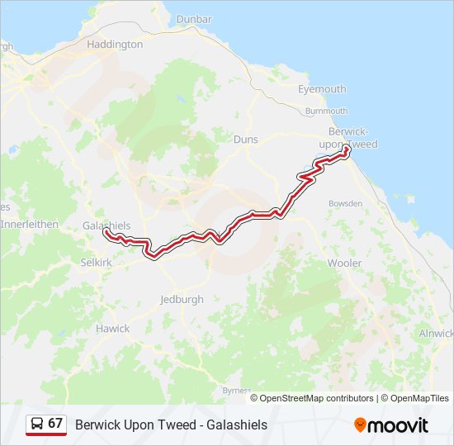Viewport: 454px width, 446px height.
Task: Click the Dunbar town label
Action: [x=195, y=19]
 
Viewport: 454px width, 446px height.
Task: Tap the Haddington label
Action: [x=115, y=45]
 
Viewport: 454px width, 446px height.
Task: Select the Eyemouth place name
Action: [x=322, y=89]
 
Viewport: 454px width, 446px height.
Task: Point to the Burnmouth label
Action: [x=326, y=110]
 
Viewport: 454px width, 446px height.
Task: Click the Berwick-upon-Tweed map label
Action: [x=352, y=138]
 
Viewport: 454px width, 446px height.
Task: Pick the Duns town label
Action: [x=246, y=140]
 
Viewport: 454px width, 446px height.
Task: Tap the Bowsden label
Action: [x=345, y=202]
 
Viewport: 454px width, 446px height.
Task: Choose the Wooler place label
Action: [x=344, y=263]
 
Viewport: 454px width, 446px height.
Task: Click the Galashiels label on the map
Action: [x=106, y=225]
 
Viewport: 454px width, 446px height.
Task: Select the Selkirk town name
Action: [x=96, y=262]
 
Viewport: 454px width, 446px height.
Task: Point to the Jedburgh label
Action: [x=182, y=300]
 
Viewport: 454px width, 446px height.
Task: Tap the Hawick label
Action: [x=112, y=328]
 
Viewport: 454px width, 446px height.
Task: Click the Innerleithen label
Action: [x=28, y=224]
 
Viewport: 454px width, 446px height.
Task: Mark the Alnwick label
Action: [x=437, y=333]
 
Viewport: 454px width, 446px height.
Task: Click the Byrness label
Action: [x=237, y=390]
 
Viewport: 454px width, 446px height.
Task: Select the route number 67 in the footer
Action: [x=55, y=424]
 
